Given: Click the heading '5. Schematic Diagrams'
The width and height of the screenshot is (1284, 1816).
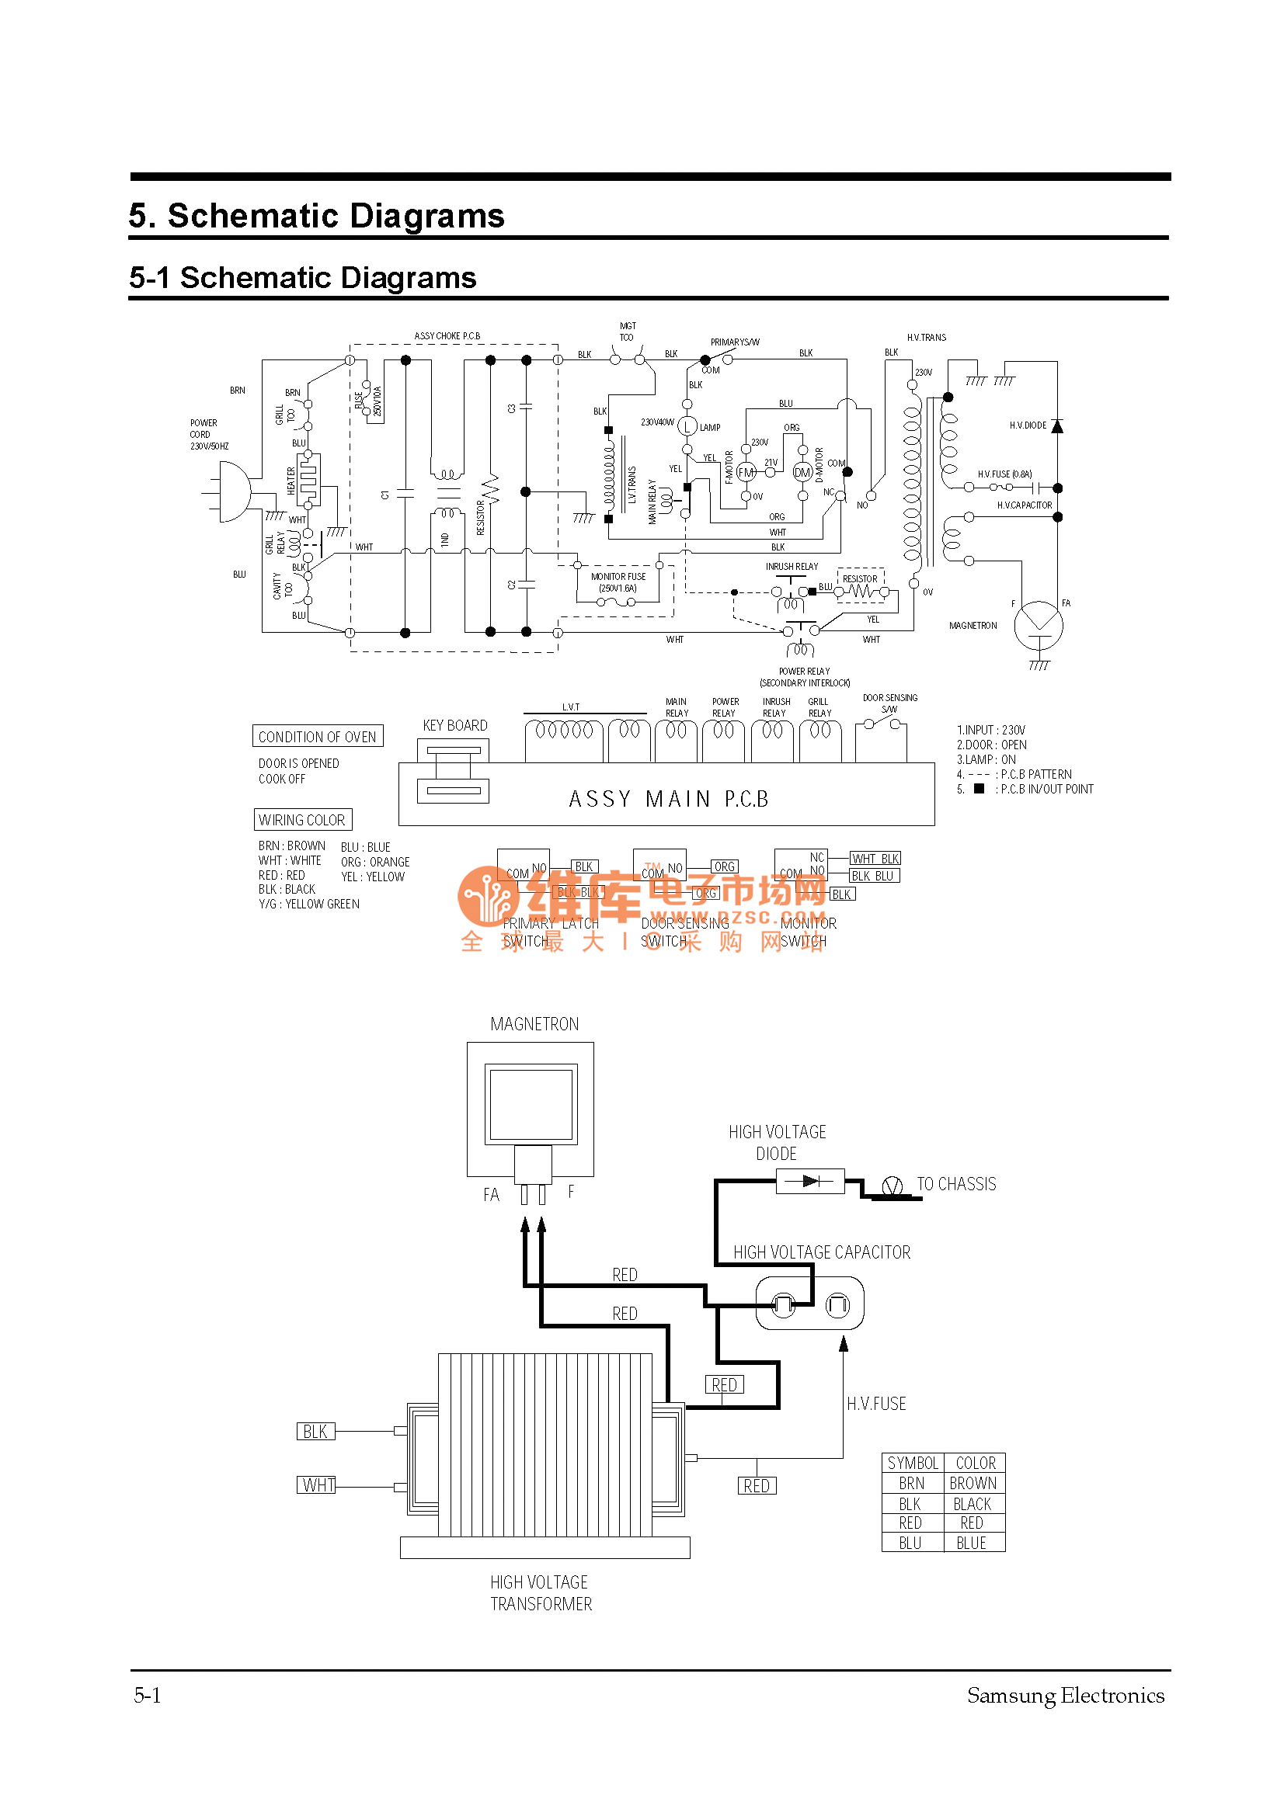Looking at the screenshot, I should [x=316, y=216].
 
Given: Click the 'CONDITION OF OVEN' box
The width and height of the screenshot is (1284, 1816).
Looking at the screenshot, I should [x=317, y=736].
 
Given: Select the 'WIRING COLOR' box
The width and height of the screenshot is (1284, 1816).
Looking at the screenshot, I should [x=302, y=819].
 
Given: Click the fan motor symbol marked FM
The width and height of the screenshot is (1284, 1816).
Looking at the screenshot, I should [x=745, y=472].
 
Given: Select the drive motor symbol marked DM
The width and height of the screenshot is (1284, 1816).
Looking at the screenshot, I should [x=802, y=473].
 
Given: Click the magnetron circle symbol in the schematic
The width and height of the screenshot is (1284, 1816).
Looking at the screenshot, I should [x=1039, y=626].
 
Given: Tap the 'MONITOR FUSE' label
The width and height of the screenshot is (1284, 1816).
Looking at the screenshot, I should [x=618, y=577].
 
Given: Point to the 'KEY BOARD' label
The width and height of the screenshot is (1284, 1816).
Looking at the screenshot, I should [x=455, y=725].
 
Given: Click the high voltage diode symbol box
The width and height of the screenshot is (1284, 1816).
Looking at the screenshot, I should [x=810, y=1182].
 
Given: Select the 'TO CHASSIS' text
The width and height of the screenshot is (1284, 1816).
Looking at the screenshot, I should [x=955, y=1184].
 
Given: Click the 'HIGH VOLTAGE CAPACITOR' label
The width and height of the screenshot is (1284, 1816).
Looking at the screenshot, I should [x=821, y=1252].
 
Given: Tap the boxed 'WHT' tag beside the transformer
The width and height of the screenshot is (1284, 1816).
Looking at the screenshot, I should [x=317, y=1484].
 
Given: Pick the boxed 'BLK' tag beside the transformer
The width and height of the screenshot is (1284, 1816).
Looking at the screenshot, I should [x=315, y=1431].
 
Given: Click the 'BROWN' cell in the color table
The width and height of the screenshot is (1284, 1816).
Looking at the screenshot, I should [x=973, y=1483].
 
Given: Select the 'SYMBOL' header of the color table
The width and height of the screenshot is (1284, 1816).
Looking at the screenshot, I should [x=912, y=1464].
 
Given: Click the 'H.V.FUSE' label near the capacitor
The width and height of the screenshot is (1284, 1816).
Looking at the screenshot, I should [x=875, y=1404].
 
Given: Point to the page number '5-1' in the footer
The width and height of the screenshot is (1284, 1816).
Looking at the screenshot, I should [x=147, y=1695].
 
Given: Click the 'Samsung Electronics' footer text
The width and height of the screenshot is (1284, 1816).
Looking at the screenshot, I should [x=1065, y=1695].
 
